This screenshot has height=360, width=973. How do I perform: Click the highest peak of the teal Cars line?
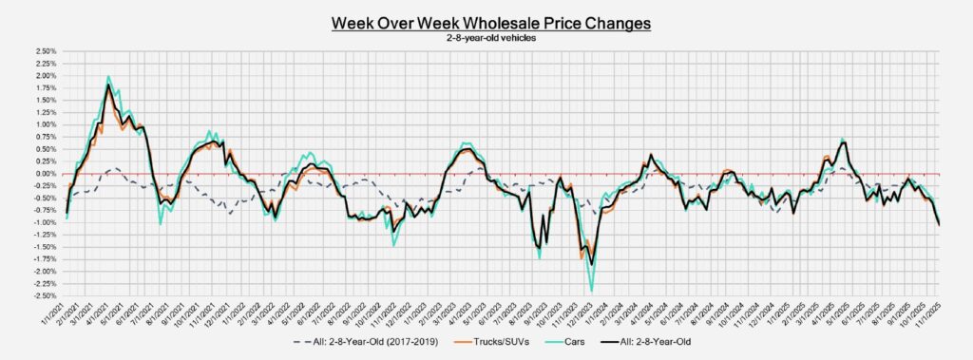point(108,76)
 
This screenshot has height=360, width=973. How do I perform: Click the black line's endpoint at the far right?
point(940,225)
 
